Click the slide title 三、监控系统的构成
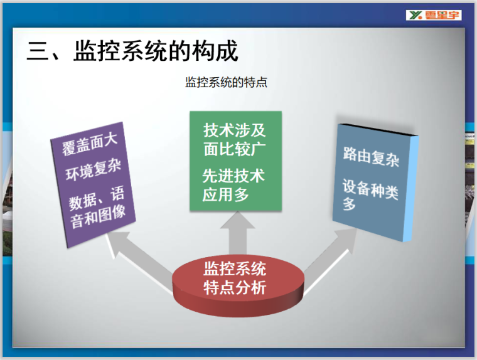pyautogui.click(x=132, y=51)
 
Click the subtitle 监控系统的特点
pyautogui.click(x=226, y=82)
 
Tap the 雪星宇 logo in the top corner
pyautogui.click(x=434, y=14)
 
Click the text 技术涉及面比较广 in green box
pyautogui.click(x=235, y=139)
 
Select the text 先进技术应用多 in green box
pyautogui.click(x=233, y=185)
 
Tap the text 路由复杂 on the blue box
pyautogui.click(x=371, y=156)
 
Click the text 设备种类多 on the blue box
pyautogui.click(x=370, y=195)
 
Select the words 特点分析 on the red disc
pyautogui.click(x=235, y=288)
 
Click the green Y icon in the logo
pyautogui.click(x=414, y=14)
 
